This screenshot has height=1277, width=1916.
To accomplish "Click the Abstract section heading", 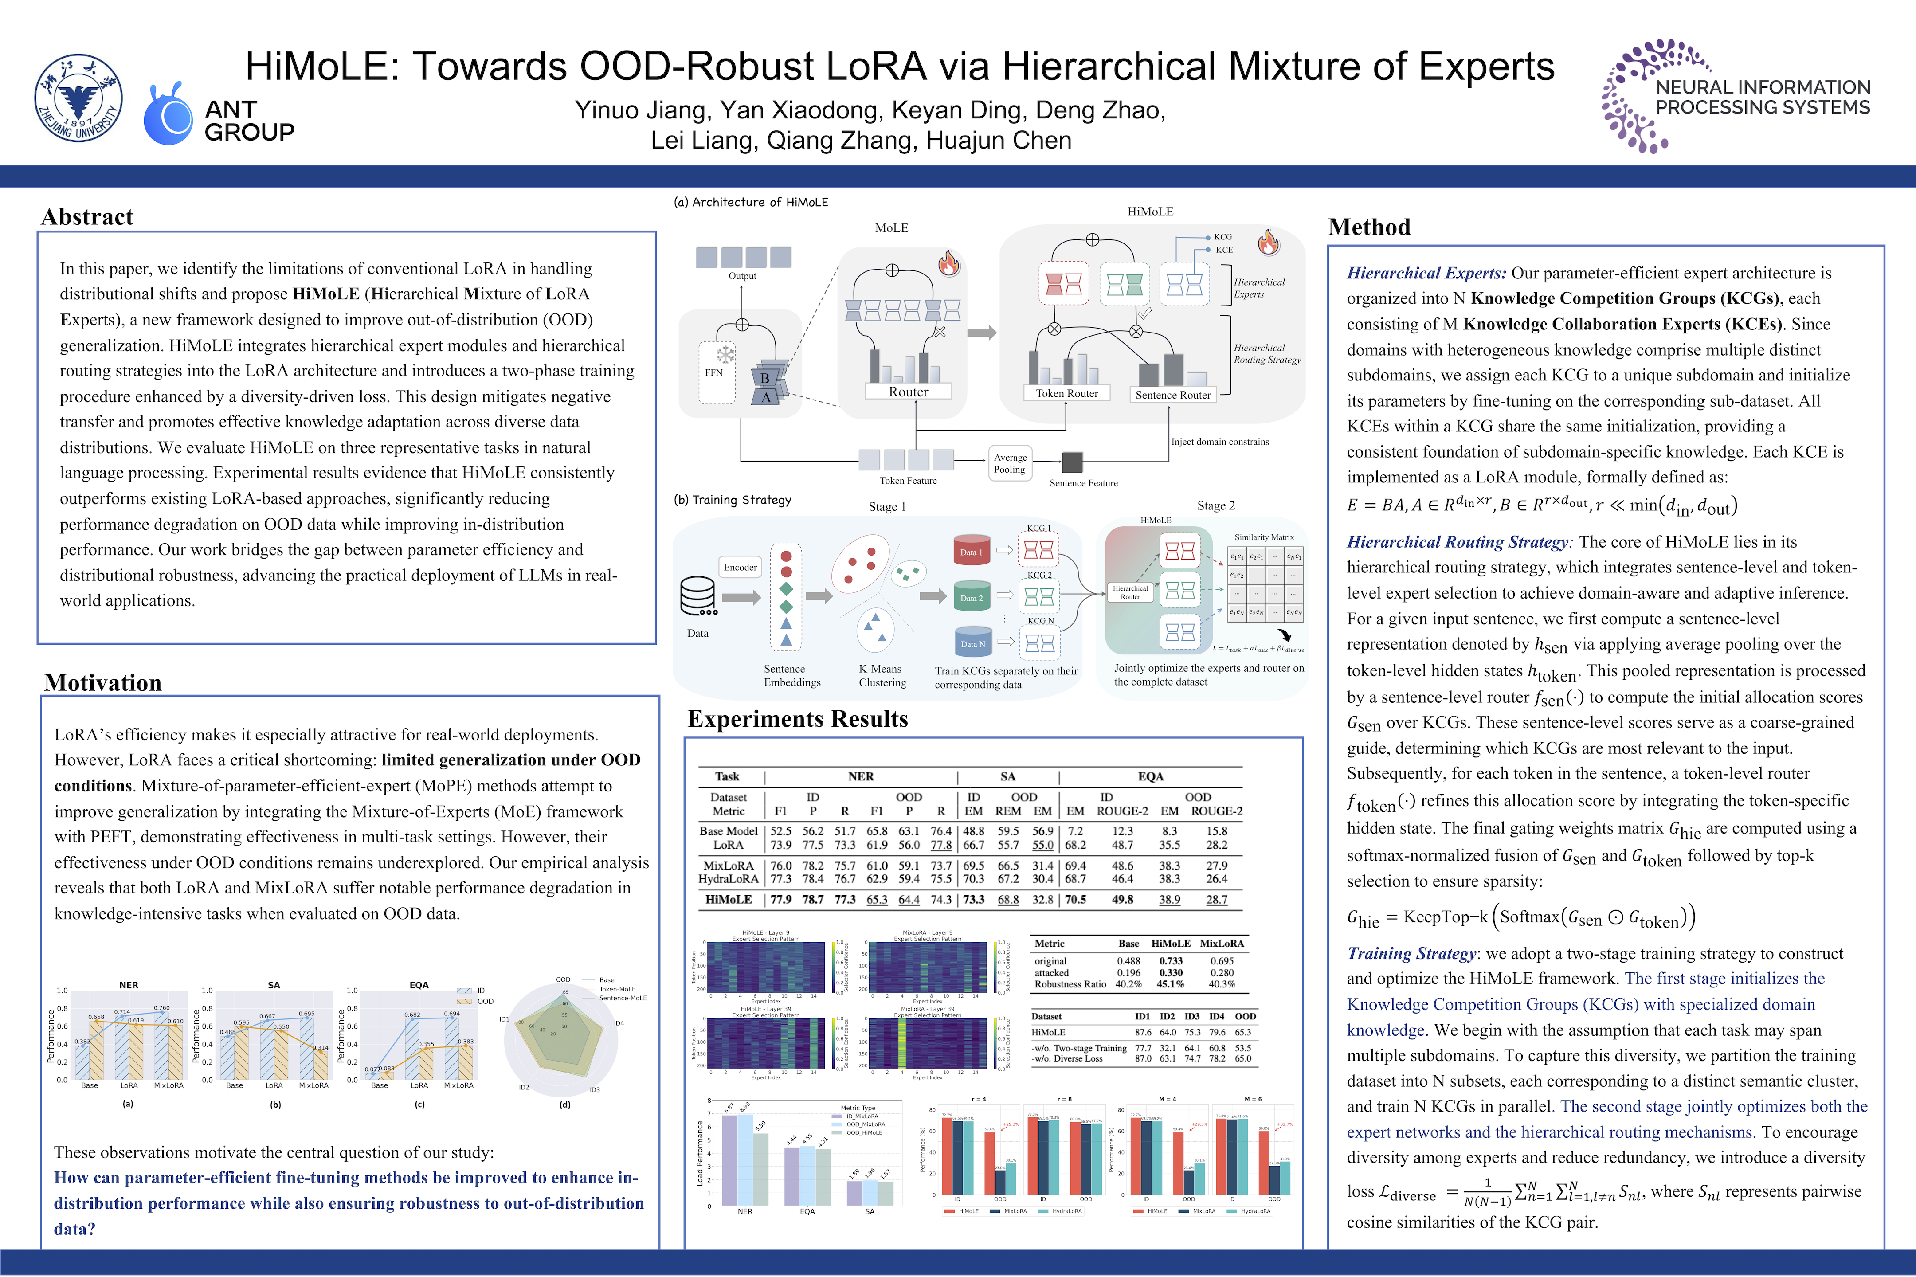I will [x=87, y=217].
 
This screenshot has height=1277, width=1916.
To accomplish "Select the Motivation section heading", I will [x=102, y=682].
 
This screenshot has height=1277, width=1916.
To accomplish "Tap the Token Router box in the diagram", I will [x=1067, y=393].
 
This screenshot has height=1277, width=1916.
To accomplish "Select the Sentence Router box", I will [x=1172, y=395].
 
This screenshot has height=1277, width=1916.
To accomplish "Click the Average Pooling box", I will [x=1010, y=463].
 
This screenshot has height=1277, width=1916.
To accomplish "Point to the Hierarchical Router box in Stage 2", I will [x=1130, y=592].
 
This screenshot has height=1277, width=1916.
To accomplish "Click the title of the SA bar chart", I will [x=274, y=985].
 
